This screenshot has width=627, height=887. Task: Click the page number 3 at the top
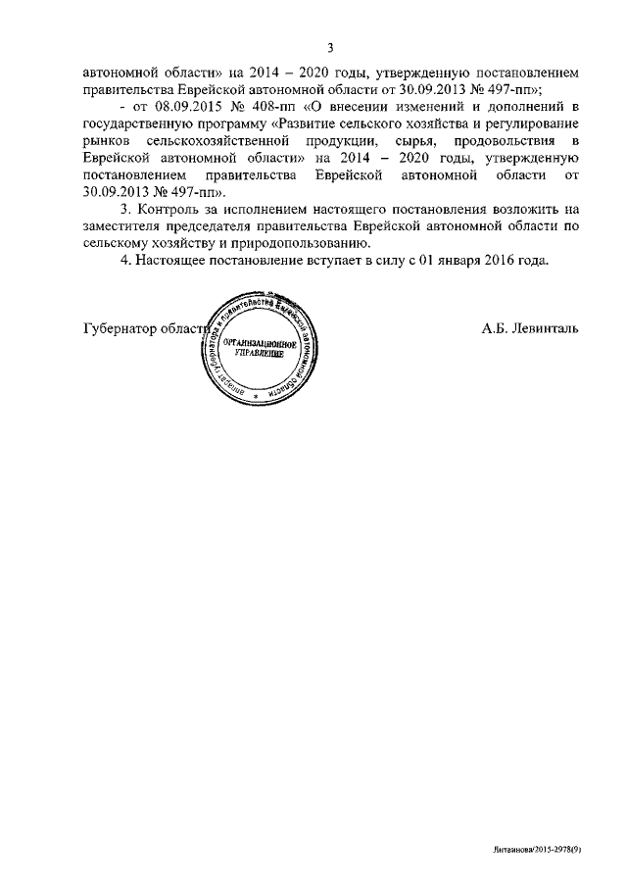[x=330, y=47]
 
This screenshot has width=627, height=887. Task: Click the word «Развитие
[x=317, y=124]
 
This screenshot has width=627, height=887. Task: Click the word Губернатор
[x=117, y=329]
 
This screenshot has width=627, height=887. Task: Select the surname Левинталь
[x=544, y=329]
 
